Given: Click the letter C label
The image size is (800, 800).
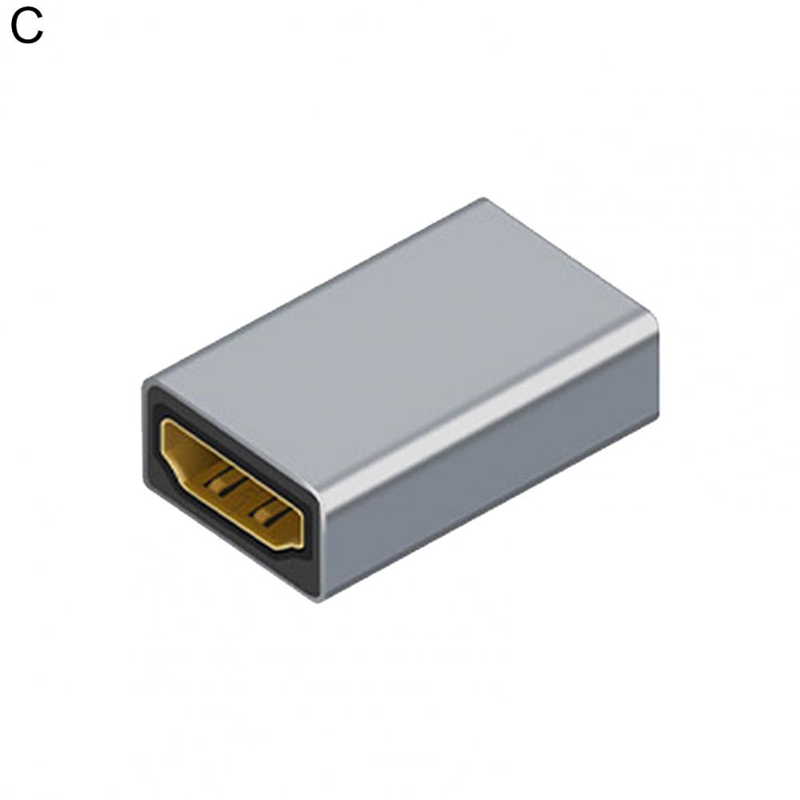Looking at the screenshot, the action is click(x=26, y=26).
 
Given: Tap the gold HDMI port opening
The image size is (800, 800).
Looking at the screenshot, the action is click(x=232, y=484).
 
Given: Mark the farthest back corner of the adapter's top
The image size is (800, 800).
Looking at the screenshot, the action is click(x=482, y=200).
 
